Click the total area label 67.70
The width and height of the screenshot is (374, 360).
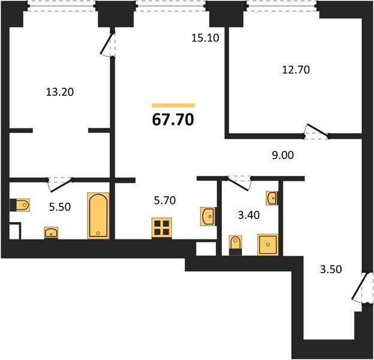[x=173, y=119]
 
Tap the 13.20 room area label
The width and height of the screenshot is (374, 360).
[x=59, y=92]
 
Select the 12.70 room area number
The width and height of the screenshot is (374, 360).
[x=295, y=70]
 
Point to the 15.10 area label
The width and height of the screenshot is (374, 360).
[x=205, y=38]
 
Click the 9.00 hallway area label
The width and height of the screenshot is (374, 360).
[x=283, y=155]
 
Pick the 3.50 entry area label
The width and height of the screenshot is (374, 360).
[x=331, y=269]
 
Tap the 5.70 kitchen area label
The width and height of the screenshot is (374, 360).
[x=165, y=200]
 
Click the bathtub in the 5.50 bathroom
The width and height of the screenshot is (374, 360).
[x=98, y=216]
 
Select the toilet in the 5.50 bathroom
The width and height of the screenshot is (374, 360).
[x=20, y=205]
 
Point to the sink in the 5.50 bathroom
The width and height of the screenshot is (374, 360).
[x=51, y=233]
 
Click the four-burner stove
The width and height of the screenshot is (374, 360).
[x=162, y=228]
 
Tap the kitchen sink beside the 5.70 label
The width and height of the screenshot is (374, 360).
[x=207, y=216]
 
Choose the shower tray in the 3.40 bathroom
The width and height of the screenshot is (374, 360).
[x=268, y=244]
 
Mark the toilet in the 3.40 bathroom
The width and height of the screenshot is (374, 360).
[x=236, y=245]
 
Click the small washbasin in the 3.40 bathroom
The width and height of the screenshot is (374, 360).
[x=272, y=198]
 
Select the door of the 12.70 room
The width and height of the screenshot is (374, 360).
[x=316, y=132]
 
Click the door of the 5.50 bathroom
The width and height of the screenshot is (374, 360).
[x=60, y=184]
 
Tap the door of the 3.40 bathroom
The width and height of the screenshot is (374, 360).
[x=239, y=183]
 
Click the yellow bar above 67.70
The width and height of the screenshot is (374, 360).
[x=173, y=105]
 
